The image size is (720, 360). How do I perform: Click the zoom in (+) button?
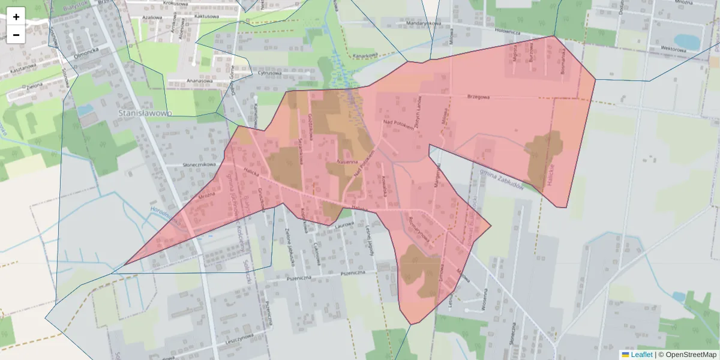(16, 16)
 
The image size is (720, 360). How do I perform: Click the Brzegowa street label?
(479, 97)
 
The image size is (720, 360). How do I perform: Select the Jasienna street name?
(347, 161)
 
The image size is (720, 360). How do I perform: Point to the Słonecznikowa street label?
(199, 164)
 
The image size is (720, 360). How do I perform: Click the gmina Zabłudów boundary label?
(503, 178)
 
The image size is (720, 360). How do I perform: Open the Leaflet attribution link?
(641, 355)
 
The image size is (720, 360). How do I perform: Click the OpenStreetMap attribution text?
(687, 355)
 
